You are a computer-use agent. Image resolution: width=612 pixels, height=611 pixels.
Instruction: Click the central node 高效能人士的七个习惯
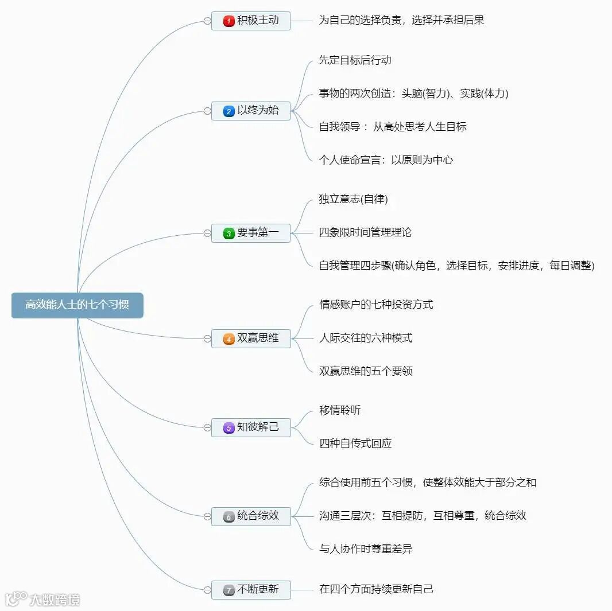[77, 305]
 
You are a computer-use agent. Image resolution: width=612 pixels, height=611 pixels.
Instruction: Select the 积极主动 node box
[251, 21]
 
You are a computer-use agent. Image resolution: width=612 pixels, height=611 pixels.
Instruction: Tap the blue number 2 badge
[228, 111]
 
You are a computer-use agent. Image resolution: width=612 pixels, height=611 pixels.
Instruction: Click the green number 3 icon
[228, 233]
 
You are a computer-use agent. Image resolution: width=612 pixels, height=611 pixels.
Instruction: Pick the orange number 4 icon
[228, 339]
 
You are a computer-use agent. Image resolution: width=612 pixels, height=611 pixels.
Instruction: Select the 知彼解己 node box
[251, 427]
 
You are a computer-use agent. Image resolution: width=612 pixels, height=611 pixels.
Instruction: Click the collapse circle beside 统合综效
[207, 516]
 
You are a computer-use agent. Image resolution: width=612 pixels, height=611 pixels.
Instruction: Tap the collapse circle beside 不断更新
[207, 590]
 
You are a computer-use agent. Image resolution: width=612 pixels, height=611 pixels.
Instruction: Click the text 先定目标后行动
[355, 60]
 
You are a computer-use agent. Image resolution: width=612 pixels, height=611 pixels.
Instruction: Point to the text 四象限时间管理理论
[365, 232]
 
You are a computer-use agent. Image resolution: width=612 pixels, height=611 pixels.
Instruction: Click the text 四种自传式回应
[355, 443]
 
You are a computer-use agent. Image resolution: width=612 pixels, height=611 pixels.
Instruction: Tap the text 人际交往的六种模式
[366, 338]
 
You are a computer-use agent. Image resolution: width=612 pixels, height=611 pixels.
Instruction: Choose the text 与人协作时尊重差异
[366, 549]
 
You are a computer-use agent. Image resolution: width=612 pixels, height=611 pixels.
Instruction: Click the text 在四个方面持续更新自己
[376, 589]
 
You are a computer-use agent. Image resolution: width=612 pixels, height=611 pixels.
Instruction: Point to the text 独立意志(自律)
[353, 199]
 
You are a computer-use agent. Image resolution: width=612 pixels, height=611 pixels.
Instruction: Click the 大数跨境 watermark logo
[42, 600]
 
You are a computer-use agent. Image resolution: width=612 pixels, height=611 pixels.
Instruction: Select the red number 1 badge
[228, 21]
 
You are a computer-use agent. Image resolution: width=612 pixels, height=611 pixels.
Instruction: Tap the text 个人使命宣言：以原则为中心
[386, 160]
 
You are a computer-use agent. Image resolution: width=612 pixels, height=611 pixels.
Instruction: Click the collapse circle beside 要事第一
[207, 233]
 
